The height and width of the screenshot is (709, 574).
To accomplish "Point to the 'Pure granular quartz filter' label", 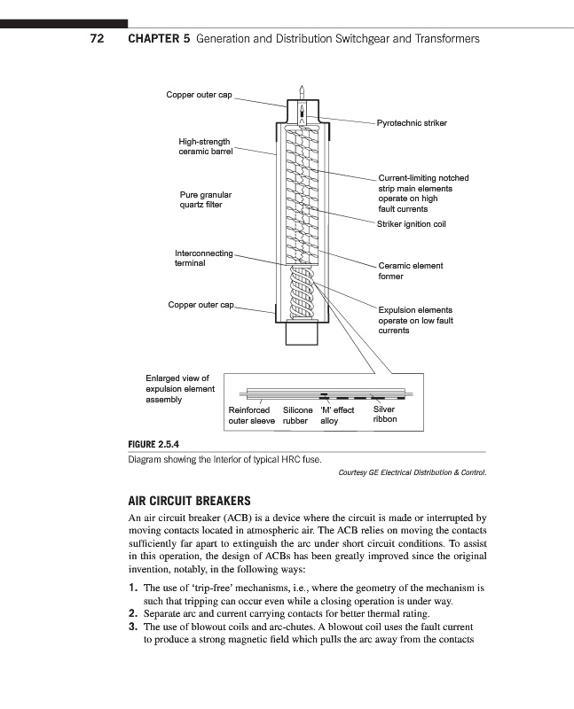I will click(x=205, y=199).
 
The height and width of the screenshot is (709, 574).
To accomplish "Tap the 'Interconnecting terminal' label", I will click(x=203, y=258).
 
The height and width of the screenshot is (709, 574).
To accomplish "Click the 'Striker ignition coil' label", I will click(x=411, y=224).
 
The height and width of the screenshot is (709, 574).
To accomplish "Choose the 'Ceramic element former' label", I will click(x=410, y=270).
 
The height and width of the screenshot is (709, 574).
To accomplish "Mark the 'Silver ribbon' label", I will click(x=384, y=415).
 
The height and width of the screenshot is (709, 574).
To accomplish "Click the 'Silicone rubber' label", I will click(x=297, y=416).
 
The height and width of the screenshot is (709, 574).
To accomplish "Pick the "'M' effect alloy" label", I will click(x=336, y=416).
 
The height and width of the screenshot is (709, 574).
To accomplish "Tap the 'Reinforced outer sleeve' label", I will click(x=251, y=416).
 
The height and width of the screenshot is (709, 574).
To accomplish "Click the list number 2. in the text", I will click(x=133, y=613).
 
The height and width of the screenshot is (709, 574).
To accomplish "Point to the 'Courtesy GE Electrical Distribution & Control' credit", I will click(x=413, y=472).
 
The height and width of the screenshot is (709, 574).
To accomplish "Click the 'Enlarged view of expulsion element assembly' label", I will click(x=179, y=388).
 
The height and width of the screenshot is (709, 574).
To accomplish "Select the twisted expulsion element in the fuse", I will click(x=302, y=293).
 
